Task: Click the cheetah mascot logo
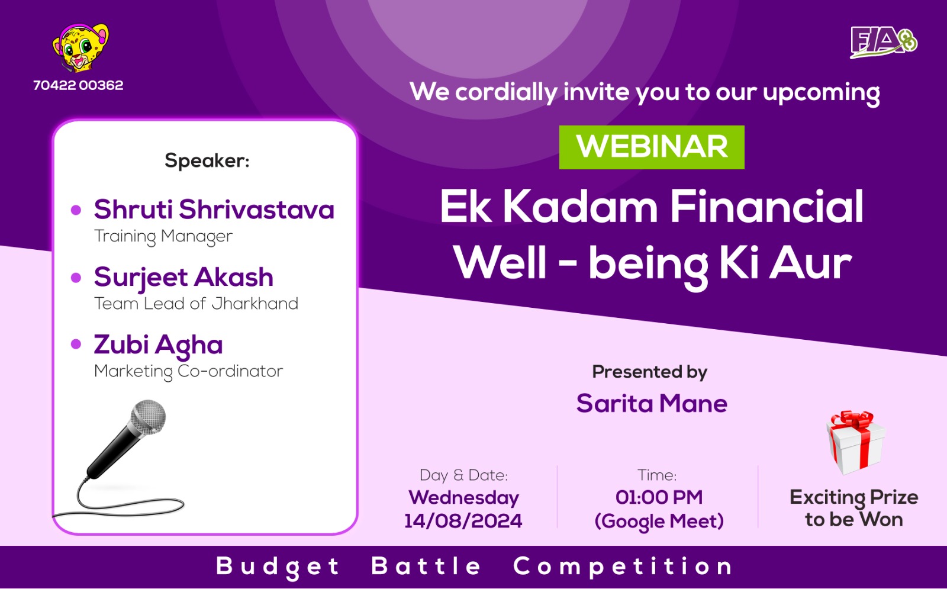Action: point(80,47)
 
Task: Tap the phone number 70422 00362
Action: point(78,85)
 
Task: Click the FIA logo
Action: point(884,42)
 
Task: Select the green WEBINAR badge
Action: point(652,147)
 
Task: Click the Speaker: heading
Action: point(207,160)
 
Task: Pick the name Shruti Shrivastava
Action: point(214,210)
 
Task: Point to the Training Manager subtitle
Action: point(163,236)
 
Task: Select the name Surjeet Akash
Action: point(183,278)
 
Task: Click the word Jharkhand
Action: point(255,304)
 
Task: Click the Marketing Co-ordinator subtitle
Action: point(189,372)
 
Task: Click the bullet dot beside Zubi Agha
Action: point(76,344)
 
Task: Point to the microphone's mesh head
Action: point(148,417)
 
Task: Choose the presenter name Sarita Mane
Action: point(652,403)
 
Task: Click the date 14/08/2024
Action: point(463,521)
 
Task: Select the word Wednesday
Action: point(463,498)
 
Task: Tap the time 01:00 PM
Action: point(659,497)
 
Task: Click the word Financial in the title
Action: point(766,207)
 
